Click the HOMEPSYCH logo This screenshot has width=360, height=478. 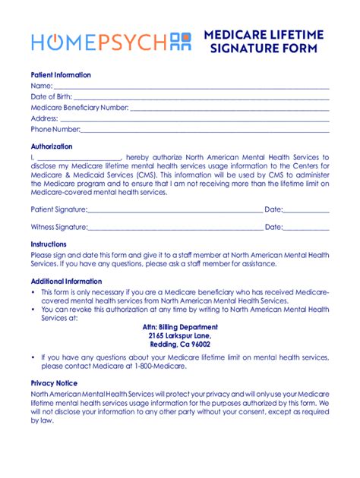106,42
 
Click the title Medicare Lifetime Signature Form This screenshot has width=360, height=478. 264,42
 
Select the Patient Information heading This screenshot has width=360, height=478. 61,75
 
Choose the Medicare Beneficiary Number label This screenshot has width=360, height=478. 80,108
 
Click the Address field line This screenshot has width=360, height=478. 194,120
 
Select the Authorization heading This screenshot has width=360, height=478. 52,146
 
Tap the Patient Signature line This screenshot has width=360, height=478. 175,210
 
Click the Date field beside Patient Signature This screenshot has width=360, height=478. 306,210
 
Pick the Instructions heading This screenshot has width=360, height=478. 49,244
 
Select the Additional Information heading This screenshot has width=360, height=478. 66,281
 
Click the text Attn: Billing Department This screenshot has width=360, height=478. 180,326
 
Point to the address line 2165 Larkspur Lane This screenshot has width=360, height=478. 180,335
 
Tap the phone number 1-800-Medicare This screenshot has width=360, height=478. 182,366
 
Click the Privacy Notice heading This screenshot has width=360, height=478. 54,384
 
